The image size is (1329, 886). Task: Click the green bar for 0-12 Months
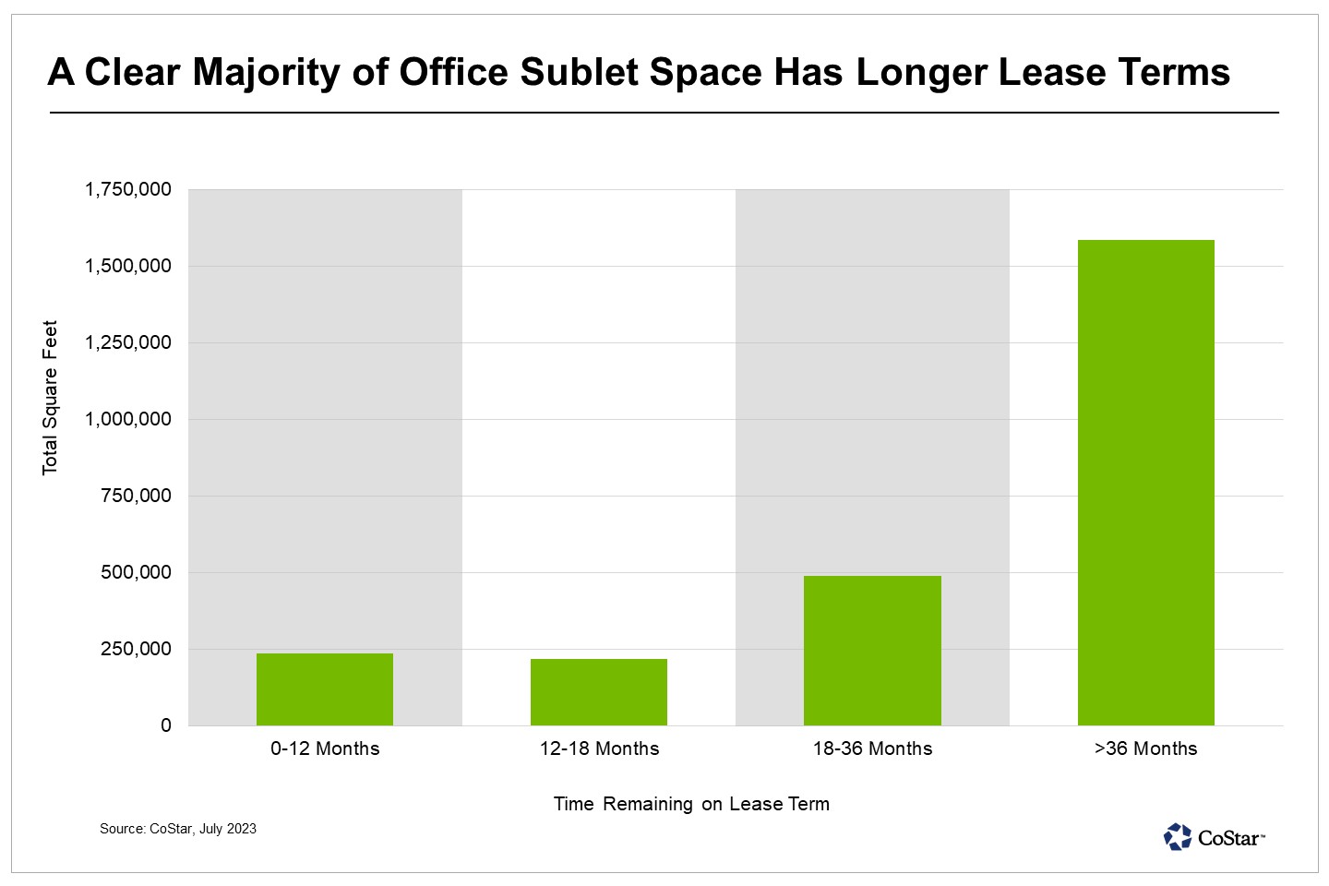point(325,689)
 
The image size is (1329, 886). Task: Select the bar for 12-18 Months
point(599,692)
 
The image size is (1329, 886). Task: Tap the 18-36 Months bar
point(872,651)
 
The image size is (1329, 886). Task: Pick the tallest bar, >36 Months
point(1146,483)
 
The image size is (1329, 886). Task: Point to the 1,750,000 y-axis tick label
point(128,190)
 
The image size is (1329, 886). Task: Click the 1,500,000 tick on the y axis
point(128,267)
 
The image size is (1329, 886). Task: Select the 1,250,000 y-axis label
point(128,343)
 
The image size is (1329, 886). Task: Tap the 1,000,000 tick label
point(128,420)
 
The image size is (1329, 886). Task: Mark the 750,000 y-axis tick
point(137,497)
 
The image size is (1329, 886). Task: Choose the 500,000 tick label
point(137,573)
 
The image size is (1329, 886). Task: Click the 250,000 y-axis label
point(137,650)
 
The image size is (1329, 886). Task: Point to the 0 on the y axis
point(166,726)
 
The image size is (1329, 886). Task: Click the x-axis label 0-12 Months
point(325,749)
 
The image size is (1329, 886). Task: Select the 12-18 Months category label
point(599,749)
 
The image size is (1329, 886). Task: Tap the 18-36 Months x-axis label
point(872,749)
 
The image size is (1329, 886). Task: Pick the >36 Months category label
point(1146,749)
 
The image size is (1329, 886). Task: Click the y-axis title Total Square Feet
point(50,398)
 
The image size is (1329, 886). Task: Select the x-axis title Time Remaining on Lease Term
point(691,805)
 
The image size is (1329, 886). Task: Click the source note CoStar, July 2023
point(178,829)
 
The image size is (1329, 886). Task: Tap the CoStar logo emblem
point(1178,837)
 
